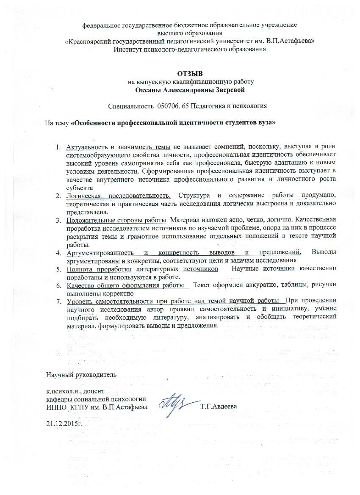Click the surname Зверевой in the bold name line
[229, 89]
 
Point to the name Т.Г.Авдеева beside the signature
[219, 407]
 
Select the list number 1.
[59, 147]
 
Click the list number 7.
[59, 301]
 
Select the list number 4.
[59, 253]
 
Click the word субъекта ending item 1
[79, 187]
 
